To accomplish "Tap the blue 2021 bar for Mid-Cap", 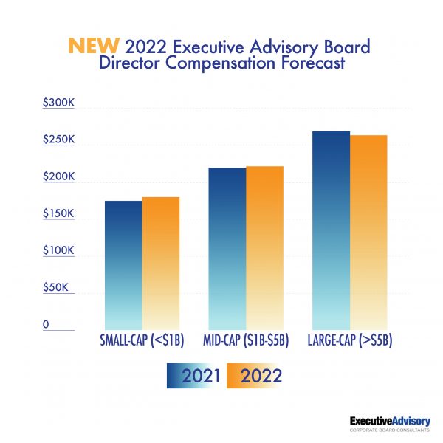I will (x=227, y=248).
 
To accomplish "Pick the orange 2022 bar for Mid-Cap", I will (x=264, y=247).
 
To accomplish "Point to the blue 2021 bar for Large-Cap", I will (x=331, y=230).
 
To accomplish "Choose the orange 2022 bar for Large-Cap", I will (x=368, y=232).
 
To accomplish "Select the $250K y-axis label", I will (x=58, y=140).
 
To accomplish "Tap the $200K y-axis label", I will (x=58, y=176).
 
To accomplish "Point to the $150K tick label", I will (x=58, y=213).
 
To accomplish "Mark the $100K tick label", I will (x=58, y=250).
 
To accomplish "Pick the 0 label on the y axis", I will (x=46, y=324).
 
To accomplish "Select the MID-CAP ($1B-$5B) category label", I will (x=246, y=340).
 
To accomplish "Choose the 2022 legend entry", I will (x=254, y=376).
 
